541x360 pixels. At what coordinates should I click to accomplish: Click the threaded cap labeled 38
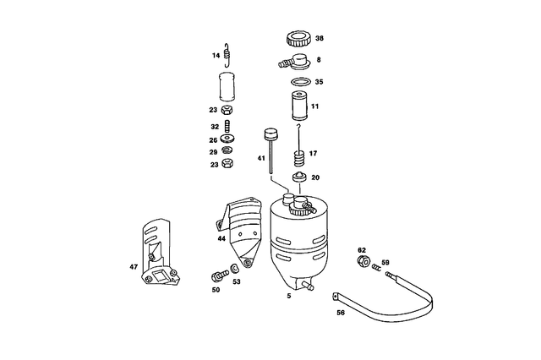[x=299, y=38]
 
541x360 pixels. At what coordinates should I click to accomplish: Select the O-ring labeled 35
[x=300, y=82]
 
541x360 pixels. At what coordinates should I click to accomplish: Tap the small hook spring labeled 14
[x=227, y=55]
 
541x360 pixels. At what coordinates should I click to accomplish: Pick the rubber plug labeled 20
[x=299, y=177]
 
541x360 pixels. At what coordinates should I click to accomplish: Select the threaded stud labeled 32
[x=227, y=126]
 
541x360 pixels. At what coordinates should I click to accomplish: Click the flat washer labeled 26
[x=227, y=139]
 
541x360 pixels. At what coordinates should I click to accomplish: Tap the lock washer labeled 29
[x=227, y=150]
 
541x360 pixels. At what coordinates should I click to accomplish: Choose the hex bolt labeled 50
[x=220, y=275]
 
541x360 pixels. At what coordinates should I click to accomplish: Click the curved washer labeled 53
[x=235, y=268]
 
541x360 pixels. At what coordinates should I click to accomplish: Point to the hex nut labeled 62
[x=363, y=261]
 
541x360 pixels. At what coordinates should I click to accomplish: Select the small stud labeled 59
[x=376, y=267]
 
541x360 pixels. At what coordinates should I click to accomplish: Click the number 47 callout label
[x=134, y=267]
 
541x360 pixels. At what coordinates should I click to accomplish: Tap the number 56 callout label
[x=341, y=313]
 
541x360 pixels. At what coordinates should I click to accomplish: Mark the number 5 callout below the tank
[x=289, y=296]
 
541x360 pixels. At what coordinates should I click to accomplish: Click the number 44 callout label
[x=221, y=238]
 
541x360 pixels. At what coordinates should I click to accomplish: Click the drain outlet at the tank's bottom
[x=308, y=286]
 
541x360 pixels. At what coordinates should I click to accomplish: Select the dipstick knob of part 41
[x=271, y=134]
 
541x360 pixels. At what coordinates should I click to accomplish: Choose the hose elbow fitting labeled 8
[x=295, y=61]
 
